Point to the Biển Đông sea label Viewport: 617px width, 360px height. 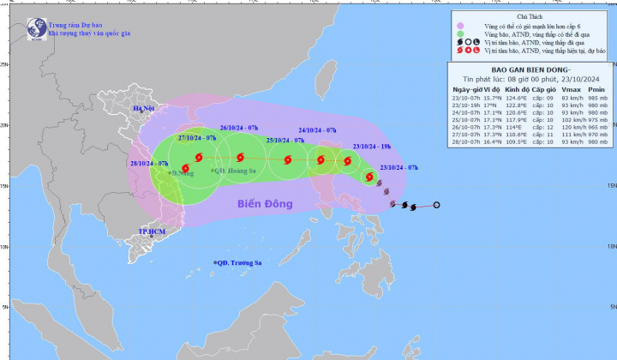pyautogui.click(x=261, y=204)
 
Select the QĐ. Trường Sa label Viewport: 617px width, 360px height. pyautogui.click(x=242, y=262)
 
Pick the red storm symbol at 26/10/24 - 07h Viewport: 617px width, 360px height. pyautogui.click(x=241, y=157)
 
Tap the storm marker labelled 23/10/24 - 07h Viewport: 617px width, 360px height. pyautogui.click(x=370, y=177)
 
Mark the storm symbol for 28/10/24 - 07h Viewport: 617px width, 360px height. pyautogui.click(x=185, y=168)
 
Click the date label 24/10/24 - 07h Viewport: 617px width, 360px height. pyautogui.click(x=318, y=129)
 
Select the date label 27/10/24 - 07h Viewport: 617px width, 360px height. pyautogui.click(x=195, y=137)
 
